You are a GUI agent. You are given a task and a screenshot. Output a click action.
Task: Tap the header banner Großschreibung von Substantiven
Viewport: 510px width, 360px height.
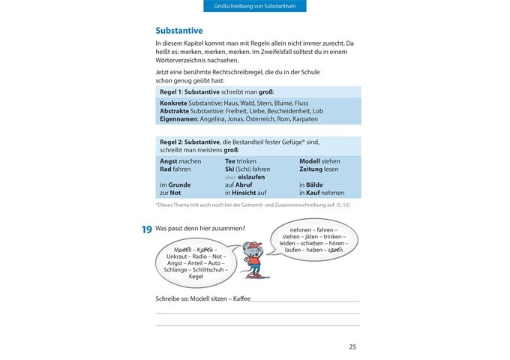[x=255, y=6]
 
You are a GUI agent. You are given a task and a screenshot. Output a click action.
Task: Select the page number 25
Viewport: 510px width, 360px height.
[x=352, y=346]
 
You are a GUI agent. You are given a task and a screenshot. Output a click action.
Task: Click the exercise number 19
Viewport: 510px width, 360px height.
[x=147, y=230]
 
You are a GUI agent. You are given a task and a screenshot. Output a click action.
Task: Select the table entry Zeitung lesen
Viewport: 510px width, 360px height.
[x=319, y=169]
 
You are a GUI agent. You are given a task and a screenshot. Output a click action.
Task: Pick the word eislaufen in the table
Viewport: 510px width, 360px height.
[x=251, y=177]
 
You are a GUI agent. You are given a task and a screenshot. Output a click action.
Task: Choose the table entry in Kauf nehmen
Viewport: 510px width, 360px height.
[x=322, y=193]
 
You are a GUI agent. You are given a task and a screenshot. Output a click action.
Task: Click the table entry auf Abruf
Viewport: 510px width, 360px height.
[x=240, y=184]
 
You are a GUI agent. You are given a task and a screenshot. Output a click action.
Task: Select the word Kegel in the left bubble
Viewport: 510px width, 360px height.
[x=196, y=276]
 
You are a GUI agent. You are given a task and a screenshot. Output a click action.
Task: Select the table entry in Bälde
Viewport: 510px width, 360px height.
[x=315, y=184]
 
